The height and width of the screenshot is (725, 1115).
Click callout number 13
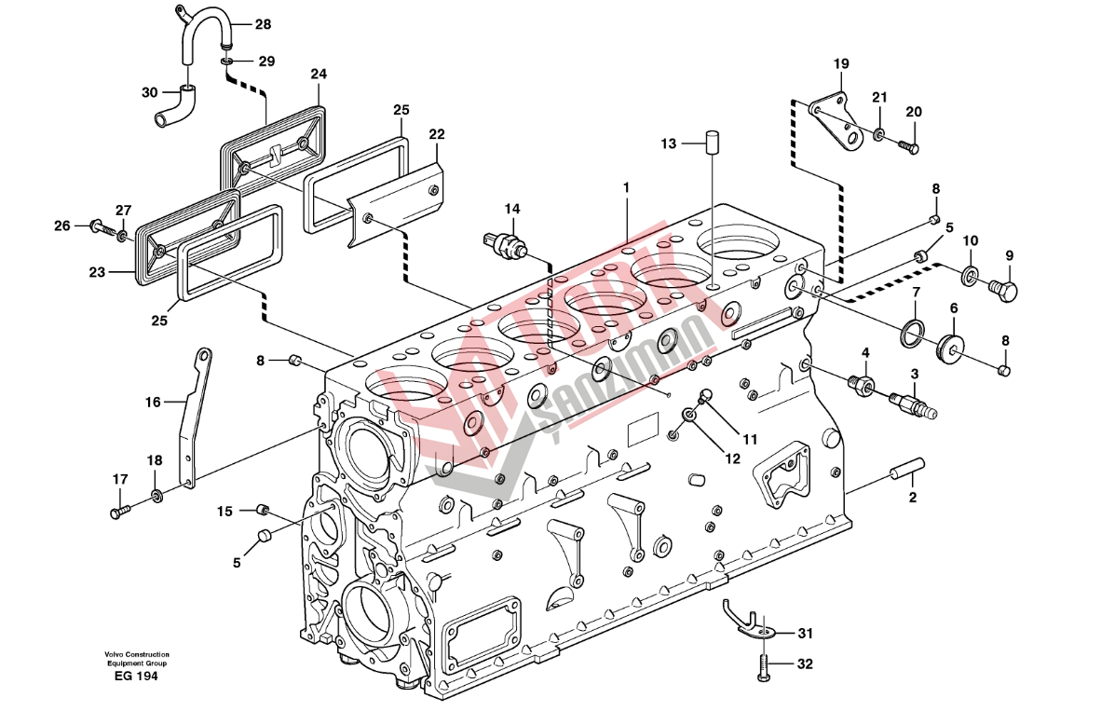coord(668,144)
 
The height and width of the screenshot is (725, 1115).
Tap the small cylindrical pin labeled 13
coord(714,142)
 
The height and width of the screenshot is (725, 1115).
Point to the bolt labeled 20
coord(909,145)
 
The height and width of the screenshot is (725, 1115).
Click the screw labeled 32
coord(763,666)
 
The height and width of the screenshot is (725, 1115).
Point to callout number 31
coord(805,634)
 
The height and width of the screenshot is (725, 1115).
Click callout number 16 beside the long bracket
coord(153,402)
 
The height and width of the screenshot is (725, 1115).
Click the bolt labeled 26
coord(98,226)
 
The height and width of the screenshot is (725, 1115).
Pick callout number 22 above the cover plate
coord(437,134)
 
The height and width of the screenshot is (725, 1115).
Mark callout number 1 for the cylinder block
coord(627,187)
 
